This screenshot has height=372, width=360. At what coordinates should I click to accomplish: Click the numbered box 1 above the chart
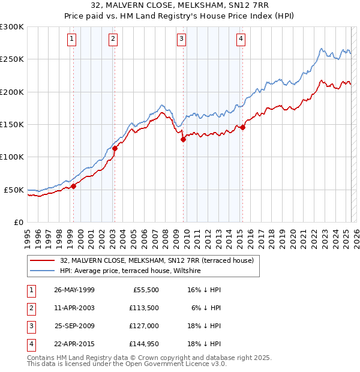(x=71, y=40)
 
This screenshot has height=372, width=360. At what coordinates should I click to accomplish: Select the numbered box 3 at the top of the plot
(x=181, y=40)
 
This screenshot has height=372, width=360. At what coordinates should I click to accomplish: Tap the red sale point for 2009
(x=183, y=139)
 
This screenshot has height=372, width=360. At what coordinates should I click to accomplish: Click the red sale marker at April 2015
(x=242, y=127)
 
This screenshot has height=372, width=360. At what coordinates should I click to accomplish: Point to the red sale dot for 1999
(x=73, y=186)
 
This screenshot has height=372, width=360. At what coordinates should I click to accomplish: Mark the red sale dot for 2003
(x=115, y=148)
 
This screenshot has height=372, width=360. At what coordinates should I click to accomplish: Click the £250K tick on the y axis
(x=12, y=59)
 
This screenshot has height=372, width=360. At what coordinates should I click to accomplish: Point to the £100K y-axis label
(x=12, y=157)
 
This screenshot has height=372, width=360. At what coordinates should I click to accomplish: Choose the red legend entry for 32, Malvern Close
(x=157, y=260)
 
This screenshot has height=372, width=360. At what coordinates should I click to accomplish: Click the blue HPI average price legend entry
(x=130, y=271)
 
